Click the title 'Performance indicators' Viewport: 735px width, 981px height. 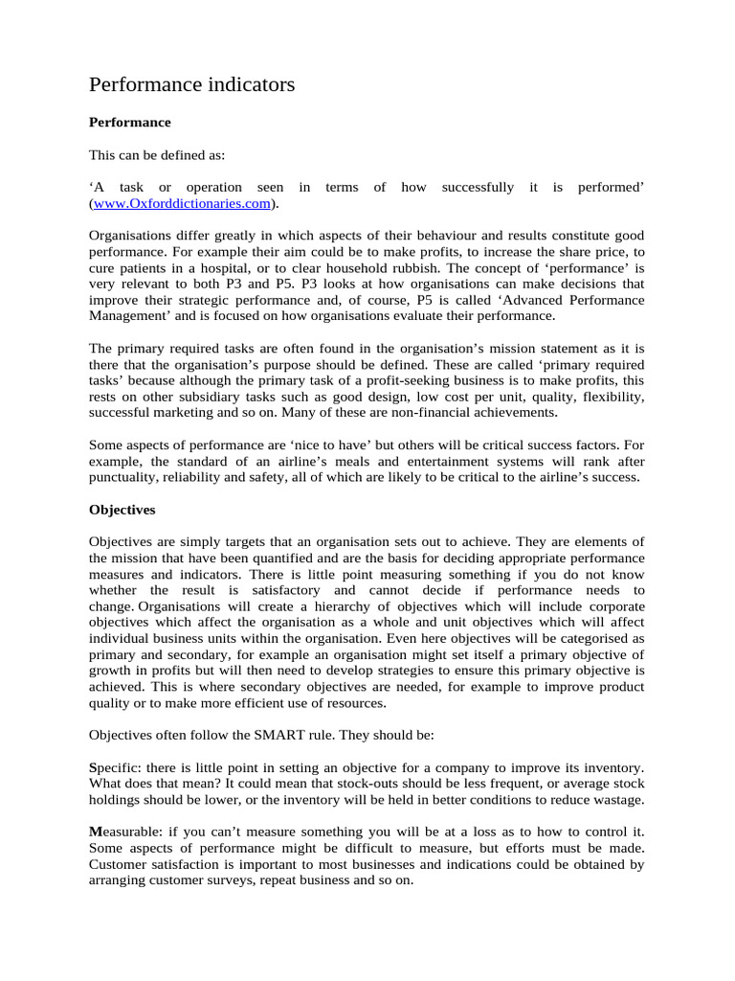191,85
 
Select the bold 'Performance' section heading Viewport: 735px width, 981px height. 129,123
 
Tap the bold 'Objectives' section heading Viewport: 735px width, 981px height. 122,509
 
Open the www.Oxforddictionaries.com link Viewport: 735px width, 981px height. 181,204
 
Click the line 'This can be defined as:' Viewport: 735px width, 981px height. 157,155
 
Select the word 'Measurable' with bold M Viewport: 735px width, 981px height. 124,834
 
